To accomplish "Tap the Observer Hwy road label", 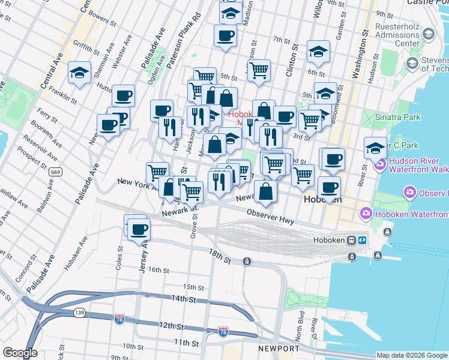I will point(271,217).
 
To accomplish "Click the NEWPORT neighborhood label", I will point(279,349).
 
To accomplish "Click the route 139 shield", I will point(79,313).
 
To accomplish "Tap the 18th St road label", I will point(220,255).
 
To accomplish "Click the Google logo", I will point(20,353).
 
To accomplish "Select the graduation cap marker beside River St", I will point(375,148).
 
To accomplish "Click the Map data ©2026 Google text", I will point(412,355).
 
